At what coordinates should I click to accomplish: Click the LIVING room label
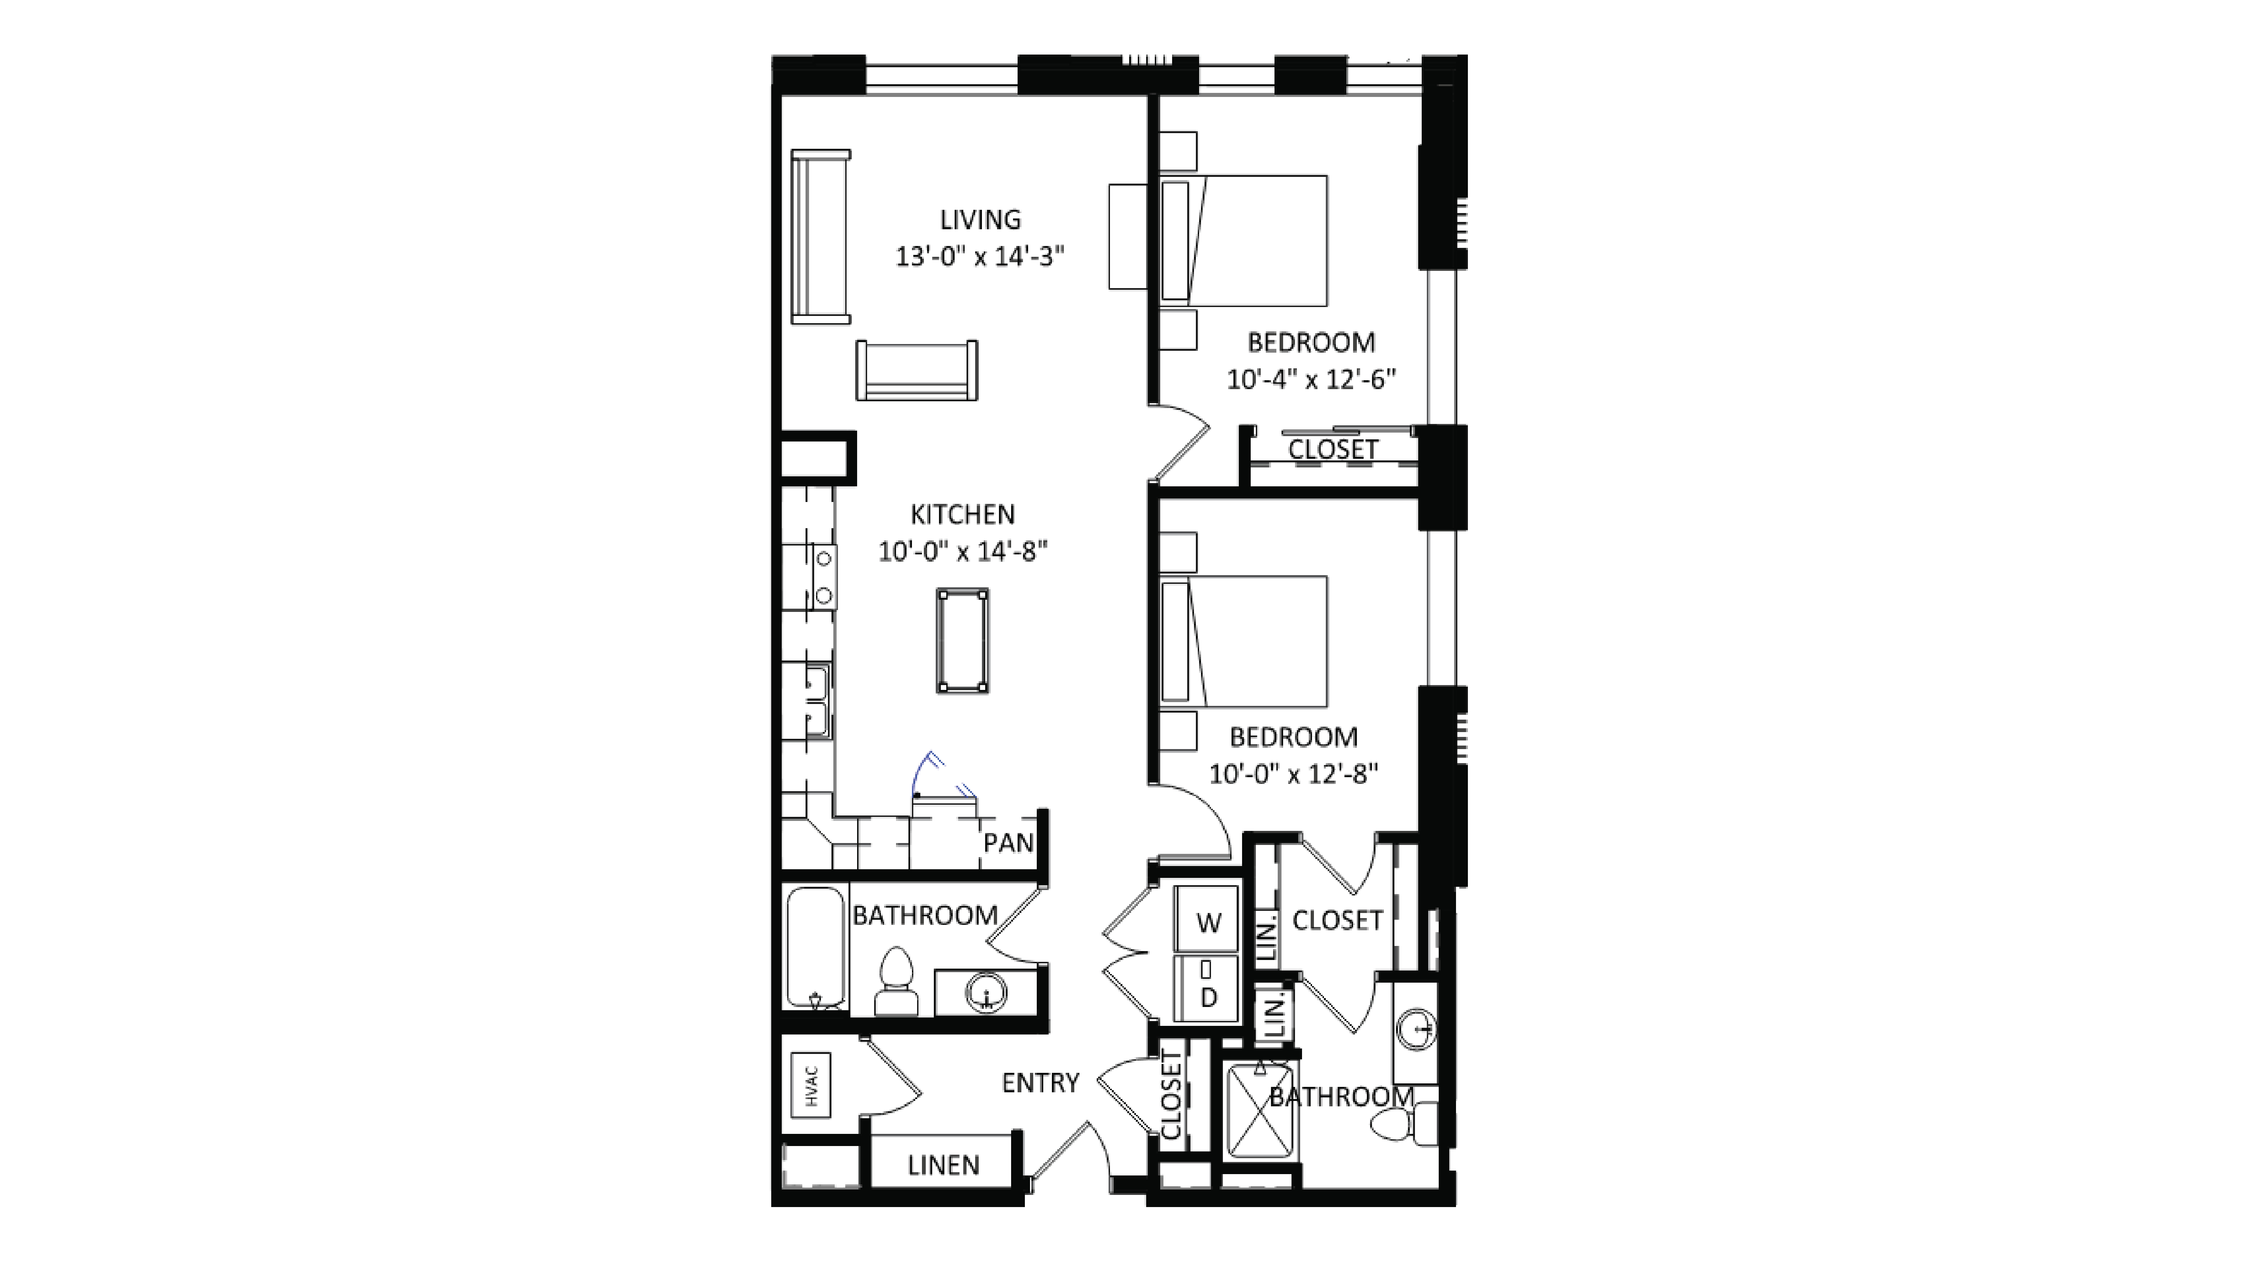979,219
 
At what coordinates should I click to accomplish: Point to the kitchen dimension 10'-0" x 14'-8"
962,551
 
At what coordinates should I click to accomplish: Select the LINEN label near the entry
943,1165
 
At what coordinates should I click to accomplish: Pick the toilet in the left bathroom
895,983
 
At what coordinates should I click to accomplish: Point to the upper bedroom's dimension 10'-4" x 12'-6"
1311,379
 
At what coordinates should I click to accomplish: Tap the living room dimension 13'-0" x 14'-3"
979,257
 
